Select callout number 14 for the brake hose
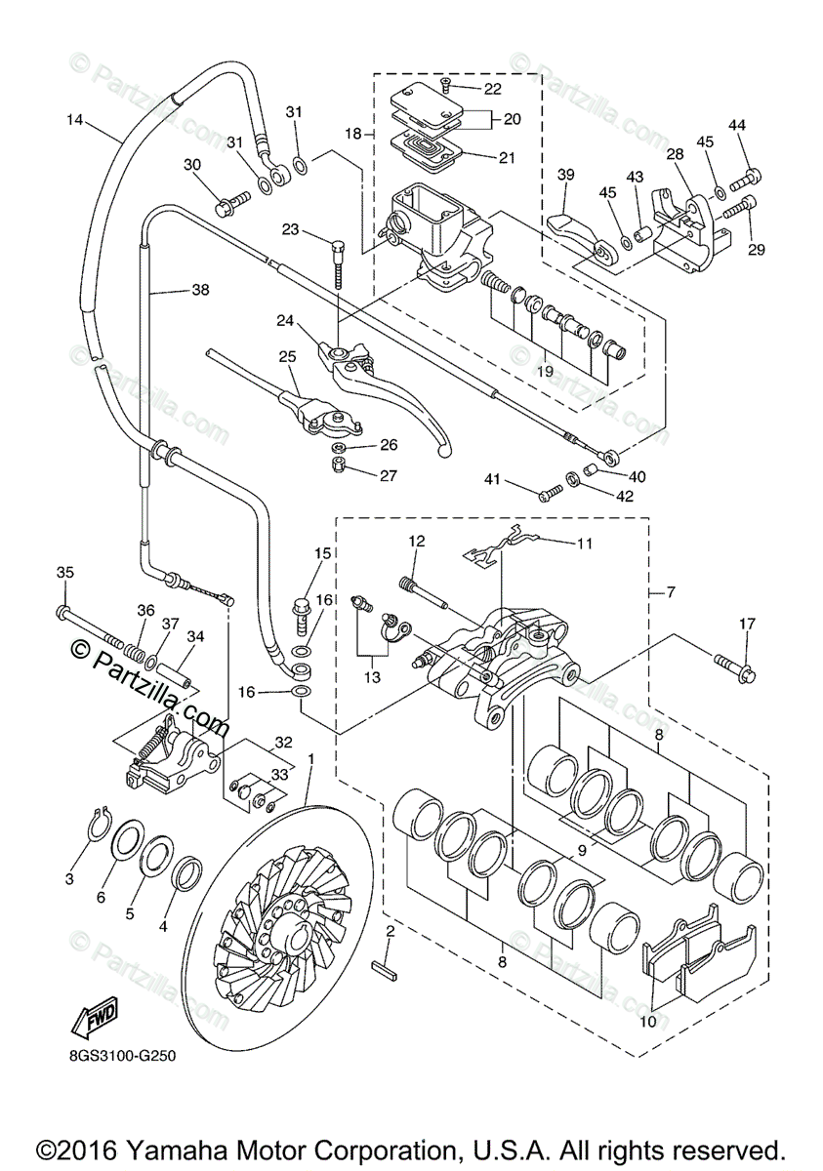[x=75, y=120]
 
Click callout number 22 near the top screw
[x=492, y=89]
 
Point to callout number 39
[x=565, y=175]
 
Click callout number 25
[x=287, y=357]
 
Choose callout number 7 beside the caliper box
[x=671, y=592]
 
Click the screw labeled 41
[x=549, y=492]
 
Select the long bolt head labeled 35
[x=62, y=611]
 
